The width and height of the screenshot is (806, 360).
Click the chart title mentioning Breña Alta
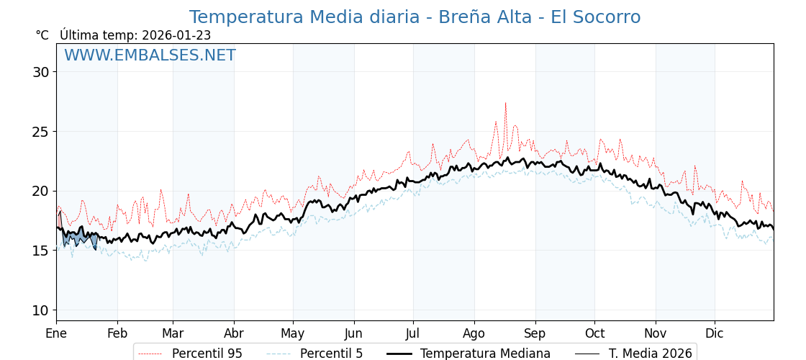(415, 17)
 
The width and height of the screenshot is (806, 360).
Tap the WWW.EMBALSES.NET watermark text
(150, 55)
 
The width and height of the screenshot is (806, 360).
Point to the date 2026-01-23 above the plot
(176, 35)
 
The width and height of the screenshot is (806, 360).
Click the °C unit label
(42, 35)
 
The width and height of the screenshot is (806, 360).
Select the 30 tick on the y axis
(40, 72)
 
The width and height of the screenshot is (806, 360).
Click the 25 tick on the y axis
(40, 132)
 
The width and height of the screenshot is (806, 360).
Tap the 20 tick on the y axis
(40, 192)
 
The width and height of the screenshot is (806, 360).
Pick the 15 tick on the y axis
(40, 251)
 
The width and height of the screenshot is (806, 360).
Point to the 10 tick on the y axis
(40, 310)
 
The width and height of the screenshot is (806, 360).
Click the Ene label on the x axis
(56, 333)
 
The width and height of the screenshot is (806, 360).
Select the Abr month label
(234, 333)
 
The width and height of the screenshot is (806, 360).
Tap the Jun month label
(353, 333)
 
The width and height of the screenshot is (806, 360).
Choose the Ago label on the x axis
(474, 333)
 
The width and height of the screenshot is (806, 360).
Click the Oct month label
(594, 333)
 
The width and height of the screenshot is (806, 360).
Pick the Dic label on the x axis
(715, 333)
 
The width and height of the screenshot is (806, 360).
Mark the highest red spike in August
(505, 103)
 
